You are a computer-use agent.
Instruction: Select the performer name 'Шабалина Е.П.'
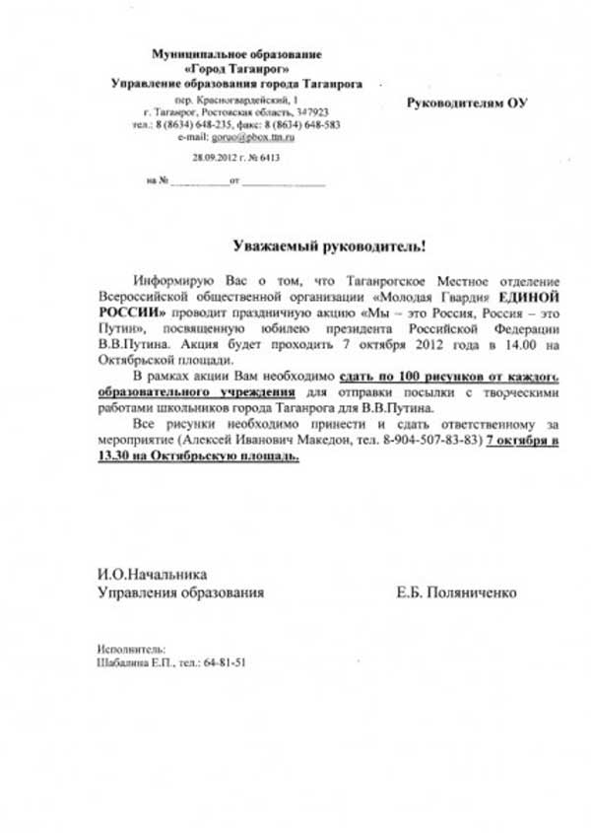[135, 662]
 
